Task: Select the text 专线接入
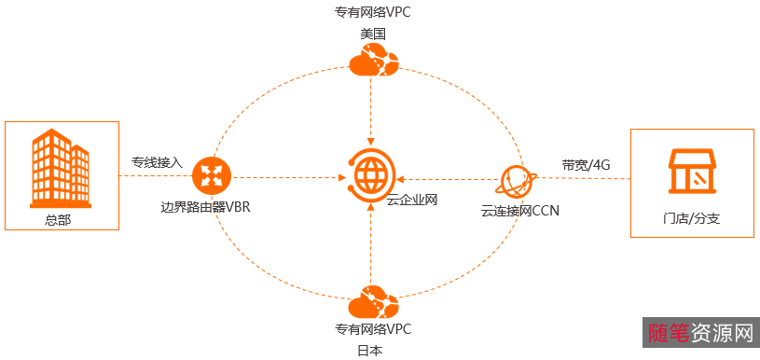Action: point(157,161)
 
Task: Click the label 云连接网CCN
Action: point(520,211)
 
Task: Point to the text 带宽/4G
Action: point(586,164)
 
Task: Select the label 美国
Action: point(373,34)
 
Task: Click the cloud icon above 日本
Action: point(373,303)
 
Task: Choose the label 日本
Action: point(370,351)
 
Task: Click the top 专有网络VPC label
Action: point(373,14)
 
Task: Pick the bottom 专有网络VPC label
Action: point(373,329)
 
